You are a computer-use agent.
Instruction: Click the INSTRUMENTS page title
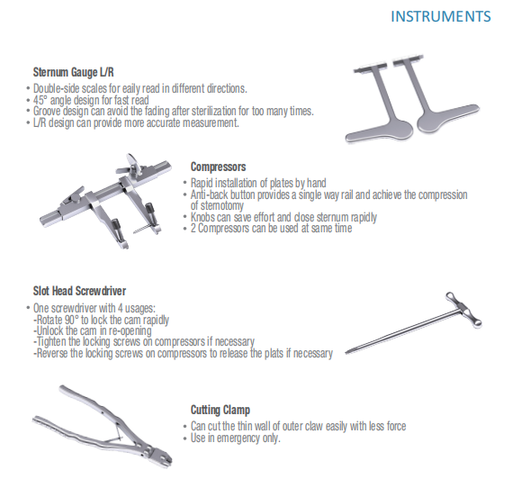click(440, 16)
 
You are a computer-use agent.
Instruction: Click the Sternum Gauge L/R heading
click(73, 72)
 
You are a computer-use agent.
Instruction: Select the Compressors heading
click(218, 167)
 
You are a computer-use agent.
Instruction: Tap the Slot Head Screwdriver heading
click(79, 291)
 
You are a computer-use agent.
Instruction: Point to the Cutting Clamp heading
click(220, 410)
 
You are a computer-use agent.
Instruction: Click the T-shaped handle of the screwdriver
click(463, 310)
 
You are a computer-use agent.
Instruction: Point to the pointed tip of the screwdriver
click(346, 352)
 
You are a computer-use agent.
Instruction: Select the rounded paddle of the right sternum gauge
click(429, 122)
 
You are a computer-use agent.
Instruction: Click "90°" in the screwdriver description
click(72, 320)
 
